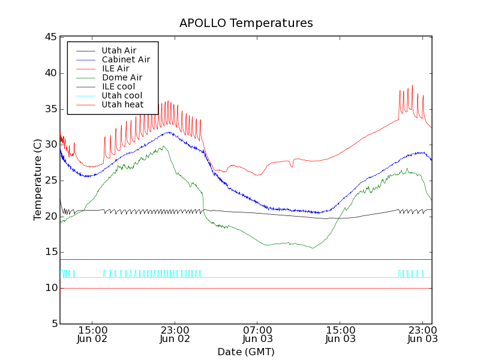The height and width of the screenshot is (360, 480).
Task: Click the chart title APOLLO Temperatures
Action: click(x=246, y=23)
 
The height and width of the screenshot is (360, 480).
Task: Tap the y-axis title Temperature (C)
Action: click(x=38, y=179)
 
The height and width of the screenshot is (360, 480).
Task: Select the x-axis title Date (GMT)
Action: click(x=246, y=352)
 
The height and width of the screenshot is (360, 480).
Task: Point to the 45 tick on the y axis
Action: click(x=50, y=37)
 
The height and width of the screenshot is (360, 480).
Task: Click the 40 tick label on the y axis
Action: click(x=50, y=73)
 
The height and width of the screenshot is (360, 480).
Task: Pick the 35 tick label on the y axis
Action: click(x=50, y=109)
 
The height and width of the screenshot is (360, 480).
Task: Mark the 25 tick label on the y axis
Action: click(x=50, y=181)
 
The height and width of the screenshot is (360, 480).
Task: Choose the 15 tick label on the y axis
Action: click(x=50, y=253)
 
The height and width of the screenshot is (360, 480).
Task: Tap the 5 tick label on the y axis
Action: click(x=53, y=324)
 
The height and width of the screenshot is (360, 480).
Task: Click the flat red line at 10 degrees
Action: click(x=240, y=288)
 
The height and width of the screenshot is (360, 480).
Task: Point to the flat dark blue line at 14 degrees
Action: click(x=240, y=259)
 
